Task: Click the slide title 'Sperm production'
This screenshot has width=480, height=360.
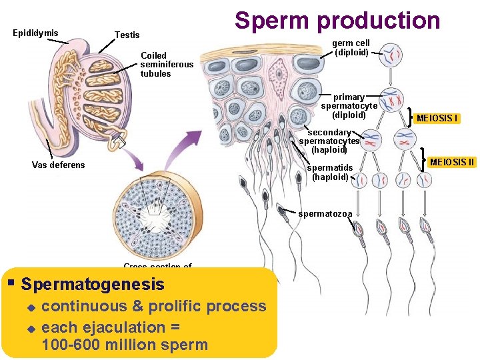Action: [x=337, y=21]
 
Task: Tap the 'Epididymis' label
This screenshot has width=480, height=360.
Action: [x=35, y=33]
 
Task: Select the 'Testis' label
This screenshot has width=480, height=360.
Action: [x=127, y=35]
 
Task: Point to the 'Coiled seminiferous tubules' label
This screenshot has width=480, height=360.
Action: [x=167, y=64]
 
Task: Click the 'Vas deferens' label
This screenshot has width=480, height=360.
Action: [x=59, y=165]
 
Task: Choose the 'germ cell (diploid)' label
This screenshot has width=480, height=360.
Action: [x=352, y=47]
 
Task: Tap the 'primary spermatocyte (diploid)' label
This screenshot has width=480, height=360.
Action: [x=349, y=106]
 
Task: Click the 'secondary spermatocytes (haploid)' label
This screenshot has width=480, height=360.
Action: [x=329, y=141]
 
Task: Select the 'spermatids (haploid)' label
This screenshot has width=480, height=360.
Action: [x=330, y=172]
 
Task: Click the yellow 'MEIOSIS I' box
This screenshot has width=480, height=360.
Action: [x=437, y=119]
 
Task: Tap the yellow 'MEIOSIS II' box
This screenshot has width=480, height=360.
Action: [x=452, y=161]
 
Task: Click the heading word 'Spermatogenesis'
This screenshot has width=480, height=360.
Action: [x=93, y=285]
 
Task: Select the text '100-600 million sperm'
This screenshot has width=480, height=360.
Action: [x=125, y=345]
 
